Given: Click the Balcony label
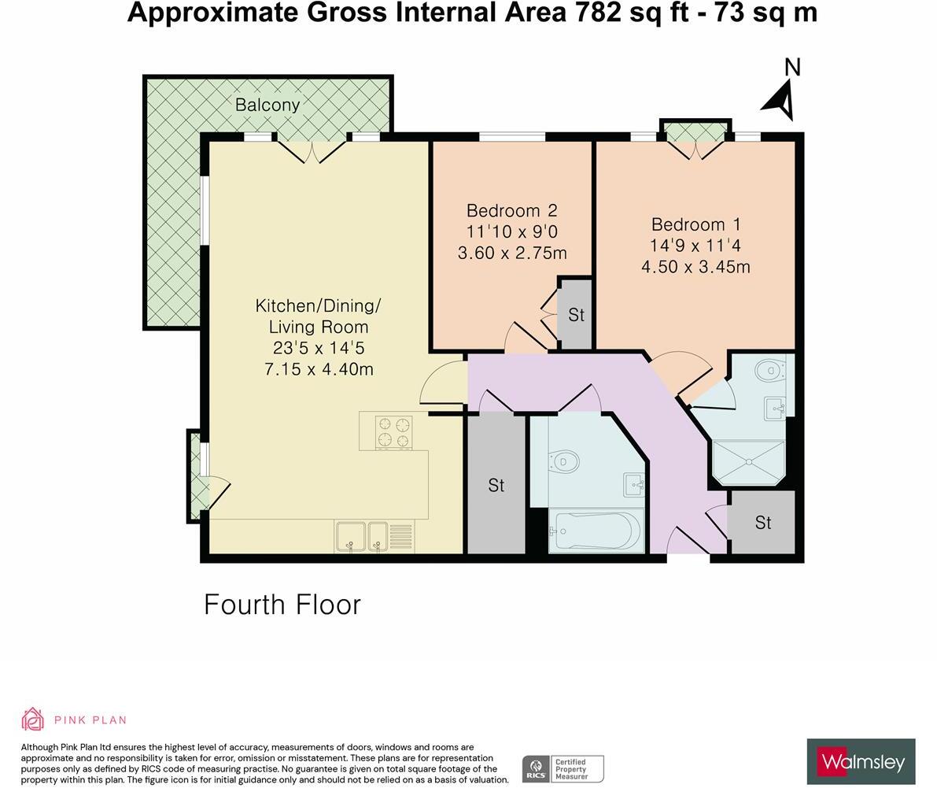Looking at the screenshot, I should pos(267,105).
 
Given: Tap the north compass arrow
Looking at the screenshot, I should pos(779,98).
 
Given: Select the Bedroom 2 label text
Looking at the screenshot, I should pos(511,211).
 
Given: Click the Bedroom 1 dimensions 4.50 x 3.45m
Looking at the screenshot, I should pos(695,267).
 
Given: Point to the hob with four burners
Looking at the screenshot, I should pos(393,431).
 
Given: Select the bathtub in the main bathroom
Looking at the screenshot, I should pos(596,531).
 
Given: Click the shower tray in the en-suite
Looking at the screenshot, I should pos(748,462).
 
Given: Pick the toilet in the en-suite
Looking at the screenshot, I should pos(769,368).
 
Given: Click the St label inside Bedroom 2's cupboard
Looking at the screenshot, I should pos(576,315).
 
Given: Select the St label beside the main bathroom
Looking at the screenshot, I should pos(496,486).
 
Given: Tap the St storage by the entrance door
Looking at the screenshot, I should pos(762,523).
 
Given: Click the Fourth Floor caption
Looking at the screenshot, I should pos(282,605).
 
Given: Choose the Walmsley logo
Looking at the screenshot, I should pos(861,761).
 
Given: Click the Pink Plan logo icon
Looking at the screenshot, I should pos(32,720).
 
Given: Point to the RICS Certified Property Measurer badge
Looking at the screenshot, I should pos(563,768).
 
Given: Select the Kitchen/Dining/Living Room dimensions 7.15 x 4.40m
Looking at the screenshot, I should pos(319,368).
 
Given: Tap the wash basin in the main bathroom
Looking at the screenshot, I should pos(633,484).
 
